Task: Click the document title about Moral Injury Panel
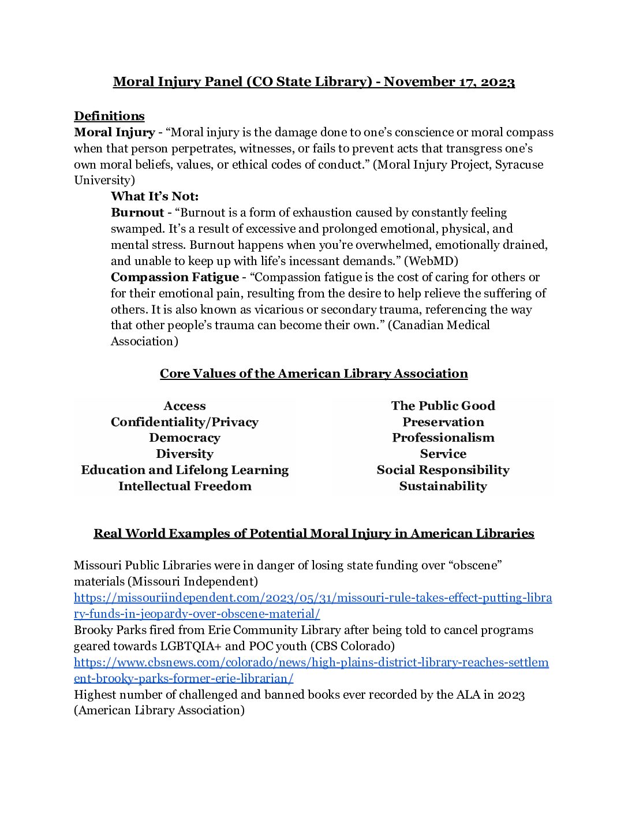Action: click(x=313, y=82)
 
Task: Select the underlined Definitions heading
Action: click(x=109, y=116)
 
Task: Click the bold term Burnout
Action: click(x=137, y=212)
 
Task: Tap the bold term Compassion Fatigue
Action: click(x=174, y=277)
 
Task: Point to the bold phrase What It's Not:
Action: click(x=154, y=196)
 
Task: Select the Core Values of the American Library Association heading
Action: click(x=313, y=374)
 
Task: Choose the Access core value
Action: click(x=184, y=406)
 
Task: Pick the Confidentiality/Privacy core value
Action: click(x=184, y=422)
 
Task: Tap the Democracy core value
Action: click(x=184, y=438)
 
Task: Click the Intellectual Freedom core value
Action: click(x=185, y=486)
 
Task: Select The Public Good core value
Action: click(x=443, y=406)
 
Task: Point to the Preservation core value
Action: click(x=443, y=422)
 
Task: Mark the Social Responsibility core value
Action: click(x=443, y=470)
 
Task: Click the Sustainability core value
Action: click(x=443, y=486)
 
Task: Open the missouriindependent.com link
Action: click(x=312, y=598)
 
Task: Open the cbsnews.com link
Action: click(x=311, y=662)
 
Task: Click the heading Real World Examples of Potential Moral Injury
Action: click(x=313, y=534)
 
